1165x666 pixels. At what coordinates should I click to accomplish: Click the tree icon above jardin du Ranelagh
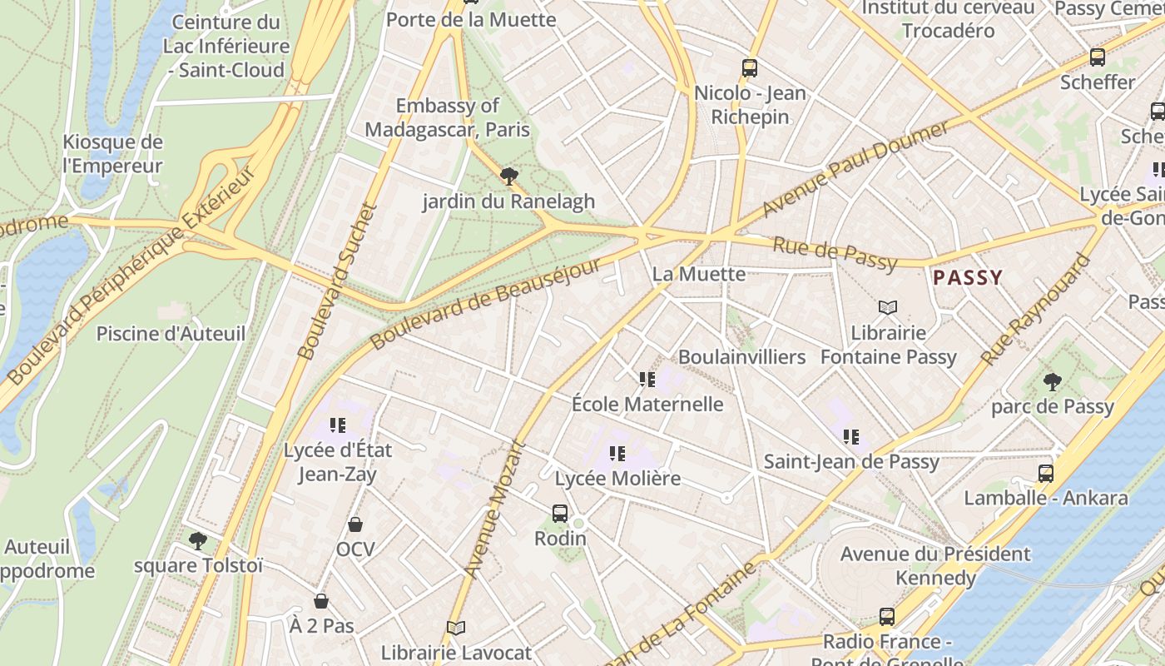508,176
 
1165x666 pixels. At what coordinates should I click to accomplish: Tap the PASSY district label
968,277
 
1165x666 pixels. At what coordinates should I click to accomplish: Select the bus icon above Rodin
560,514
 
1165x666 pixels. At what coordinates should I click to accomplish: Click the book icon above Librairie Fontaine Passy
888,308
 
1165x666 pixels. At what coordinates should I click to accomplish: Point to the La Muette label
698,273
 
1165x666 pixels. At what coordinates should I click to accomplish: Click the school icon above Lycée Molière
617,454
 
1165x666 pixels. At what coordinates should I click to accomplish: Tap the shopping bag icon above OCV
355,524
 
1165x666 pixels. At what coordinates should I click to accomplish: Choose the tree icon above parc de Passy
1052,382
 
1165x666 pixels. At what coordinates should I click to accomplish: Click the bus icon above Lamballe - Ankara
1046,474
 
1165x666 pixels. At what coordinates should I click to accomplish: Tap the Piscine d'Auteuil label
171,334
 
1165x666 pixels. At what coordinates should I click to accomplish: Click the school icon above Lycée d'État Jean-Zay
337,425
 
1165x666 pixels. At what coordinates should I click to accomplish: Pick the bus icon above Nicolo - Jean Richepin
750,68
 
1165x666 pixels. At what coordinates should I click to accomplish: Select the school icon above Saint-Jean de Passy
850,436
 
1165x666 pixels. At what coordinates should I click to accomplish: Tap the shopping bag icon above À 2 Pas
321,601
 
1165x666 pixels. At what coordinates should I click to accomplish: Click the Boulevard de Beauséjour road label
485,303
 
